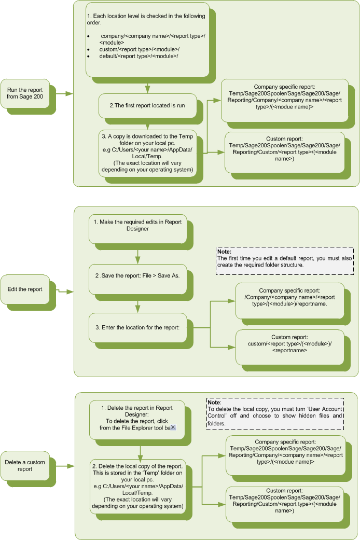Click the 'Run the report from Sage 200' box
(x=25, y=93)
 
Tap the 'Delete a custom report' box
(x=25, y=465)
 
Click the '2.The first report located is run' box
(x=147, y=105)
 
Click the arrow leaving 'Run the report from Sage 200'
(x=62, y=94)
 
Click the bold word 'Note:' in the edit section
(x=224, y=251)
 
